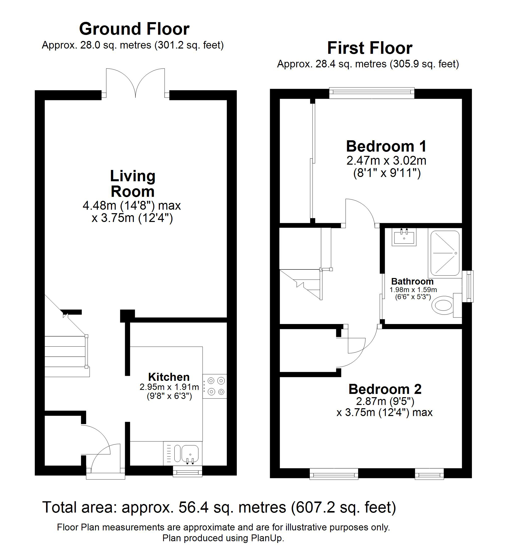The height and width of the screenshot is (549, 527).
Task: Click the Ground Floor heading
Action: click(134, 29)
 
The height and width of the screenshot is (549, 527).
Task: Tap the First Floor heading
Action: click(370, 48)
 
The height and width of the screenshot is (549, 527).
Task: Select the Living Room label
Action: click(132, 184)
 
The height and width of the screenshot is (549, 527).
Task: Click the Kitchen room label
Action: click(169, 377)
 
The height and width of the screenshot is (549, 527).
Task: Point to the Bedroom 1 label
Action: click(386, 146)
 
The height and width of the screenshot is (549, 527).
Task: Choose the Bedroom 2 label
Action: click(385, 389)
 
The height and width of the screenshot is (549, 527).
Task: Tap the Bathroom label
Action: click(412, 281)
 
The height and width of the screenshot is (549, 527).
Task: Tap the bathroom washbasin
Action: click(404, 237)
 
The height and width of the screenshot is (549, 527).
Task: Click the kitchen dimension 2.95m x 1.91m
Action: click(169, 387)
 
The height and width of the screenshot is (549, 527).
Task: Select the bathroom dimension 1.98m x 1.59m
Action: click(413, 290)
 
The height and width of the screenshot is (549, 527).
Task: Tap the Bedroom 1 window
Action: click(372, 93)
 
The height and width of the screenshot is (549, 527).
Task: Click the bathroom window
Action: click(468, 286)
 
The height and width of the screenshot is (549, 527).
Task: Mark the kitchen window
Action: click(187, 471)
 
